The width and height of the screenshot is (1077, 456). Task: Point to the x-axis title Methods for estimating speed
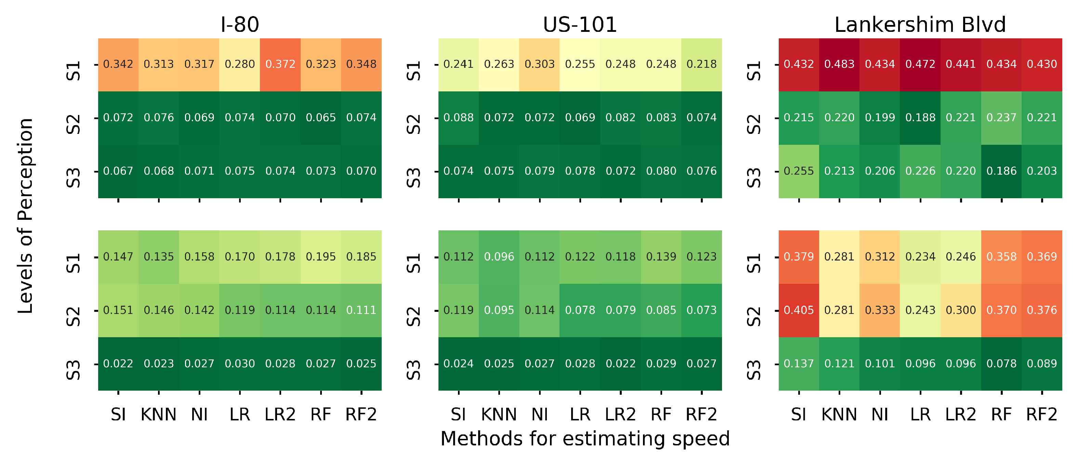(x=585, y=439)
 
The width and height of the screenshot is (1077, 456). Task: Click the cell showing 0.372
(x=280, y=64)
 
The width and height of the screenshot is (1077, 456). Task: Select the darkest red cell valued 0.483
(x=839, y=64)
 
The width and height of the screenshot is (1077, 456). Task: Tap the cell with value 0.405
(x=799, y=311)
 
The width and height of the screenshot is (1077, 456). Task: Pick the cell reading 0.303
(x=539, y=64)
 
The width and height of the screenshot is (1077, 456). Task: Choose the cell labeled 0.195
(x=321, y=257)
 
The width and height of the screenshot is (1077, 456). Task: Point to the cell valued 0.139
(x=661, y=257)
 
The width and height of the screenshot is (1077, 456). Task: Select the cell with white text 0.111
(x=361, y=311)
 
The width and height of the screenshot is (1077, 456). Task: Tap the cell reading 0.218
(x=701, y=64)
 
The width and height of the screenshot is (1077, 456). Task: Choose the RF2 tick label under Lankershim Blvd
(x=1042, y=415)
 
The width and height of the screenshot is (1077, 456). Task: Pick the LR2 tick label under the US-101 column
(x=620, y=415)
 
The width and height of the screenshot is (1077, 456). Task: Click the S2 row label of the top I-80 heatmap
(x=74, y=124)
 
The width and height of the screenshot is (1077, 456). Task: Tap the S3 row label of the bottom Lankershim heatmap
(x=754, y=370)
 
